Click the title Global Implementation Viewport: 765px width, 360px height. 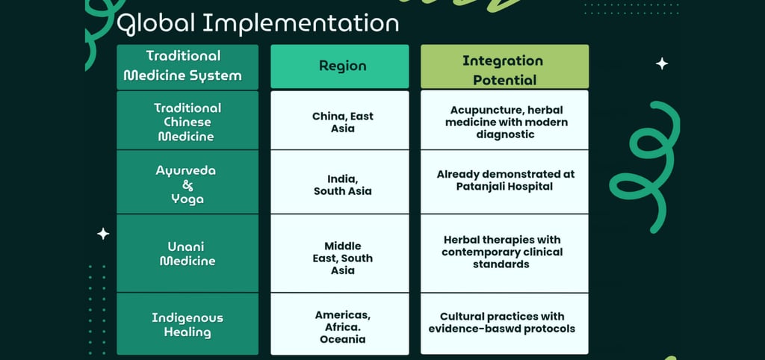(257, 23)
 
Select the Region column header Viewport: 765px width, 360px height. (342, 66)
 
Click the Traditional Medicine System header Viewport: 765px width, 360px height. (183, 66)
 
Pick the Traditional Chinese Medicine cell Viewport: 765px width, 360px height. (187, 122)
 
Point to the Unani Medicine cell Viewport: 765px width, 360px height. (187, 254)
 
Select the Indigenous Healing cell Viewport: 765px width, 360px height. (187, 325)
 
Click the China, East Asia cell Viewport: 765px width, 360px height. (342, 122)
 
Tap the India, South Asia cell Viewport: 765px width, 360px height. (342, 184)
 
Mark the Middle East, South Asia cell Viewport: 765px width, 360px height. (342, 258)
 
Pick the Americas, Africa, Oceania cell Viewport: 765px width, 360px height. (342, 327)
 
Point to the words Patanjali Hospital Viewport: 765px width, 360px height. (504, 186)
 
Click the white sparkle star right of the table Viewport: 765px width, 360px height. (662, 64)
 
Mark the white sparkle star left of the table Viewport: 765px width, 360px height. (103, 234)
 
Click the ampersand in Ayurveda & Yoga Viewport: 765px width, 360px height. (188, 185)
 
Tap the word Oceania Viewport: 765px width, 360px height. (342, 339)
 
